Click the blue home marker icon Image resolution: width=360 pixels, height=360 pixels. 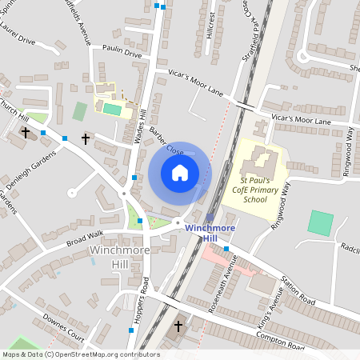click(x=180, y=173)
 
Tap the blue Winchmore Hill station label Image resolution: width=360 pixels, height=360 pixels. click(x=210, y=233)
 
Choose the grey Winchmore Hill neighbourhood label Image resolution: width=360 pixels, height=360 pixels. click(x=119, y=257)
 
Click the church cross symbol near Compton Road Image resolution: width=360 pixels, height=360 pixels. click(x=178, y=326)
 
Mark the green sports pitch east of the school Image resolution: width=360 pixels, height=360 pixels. click(x=322, y=222)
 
